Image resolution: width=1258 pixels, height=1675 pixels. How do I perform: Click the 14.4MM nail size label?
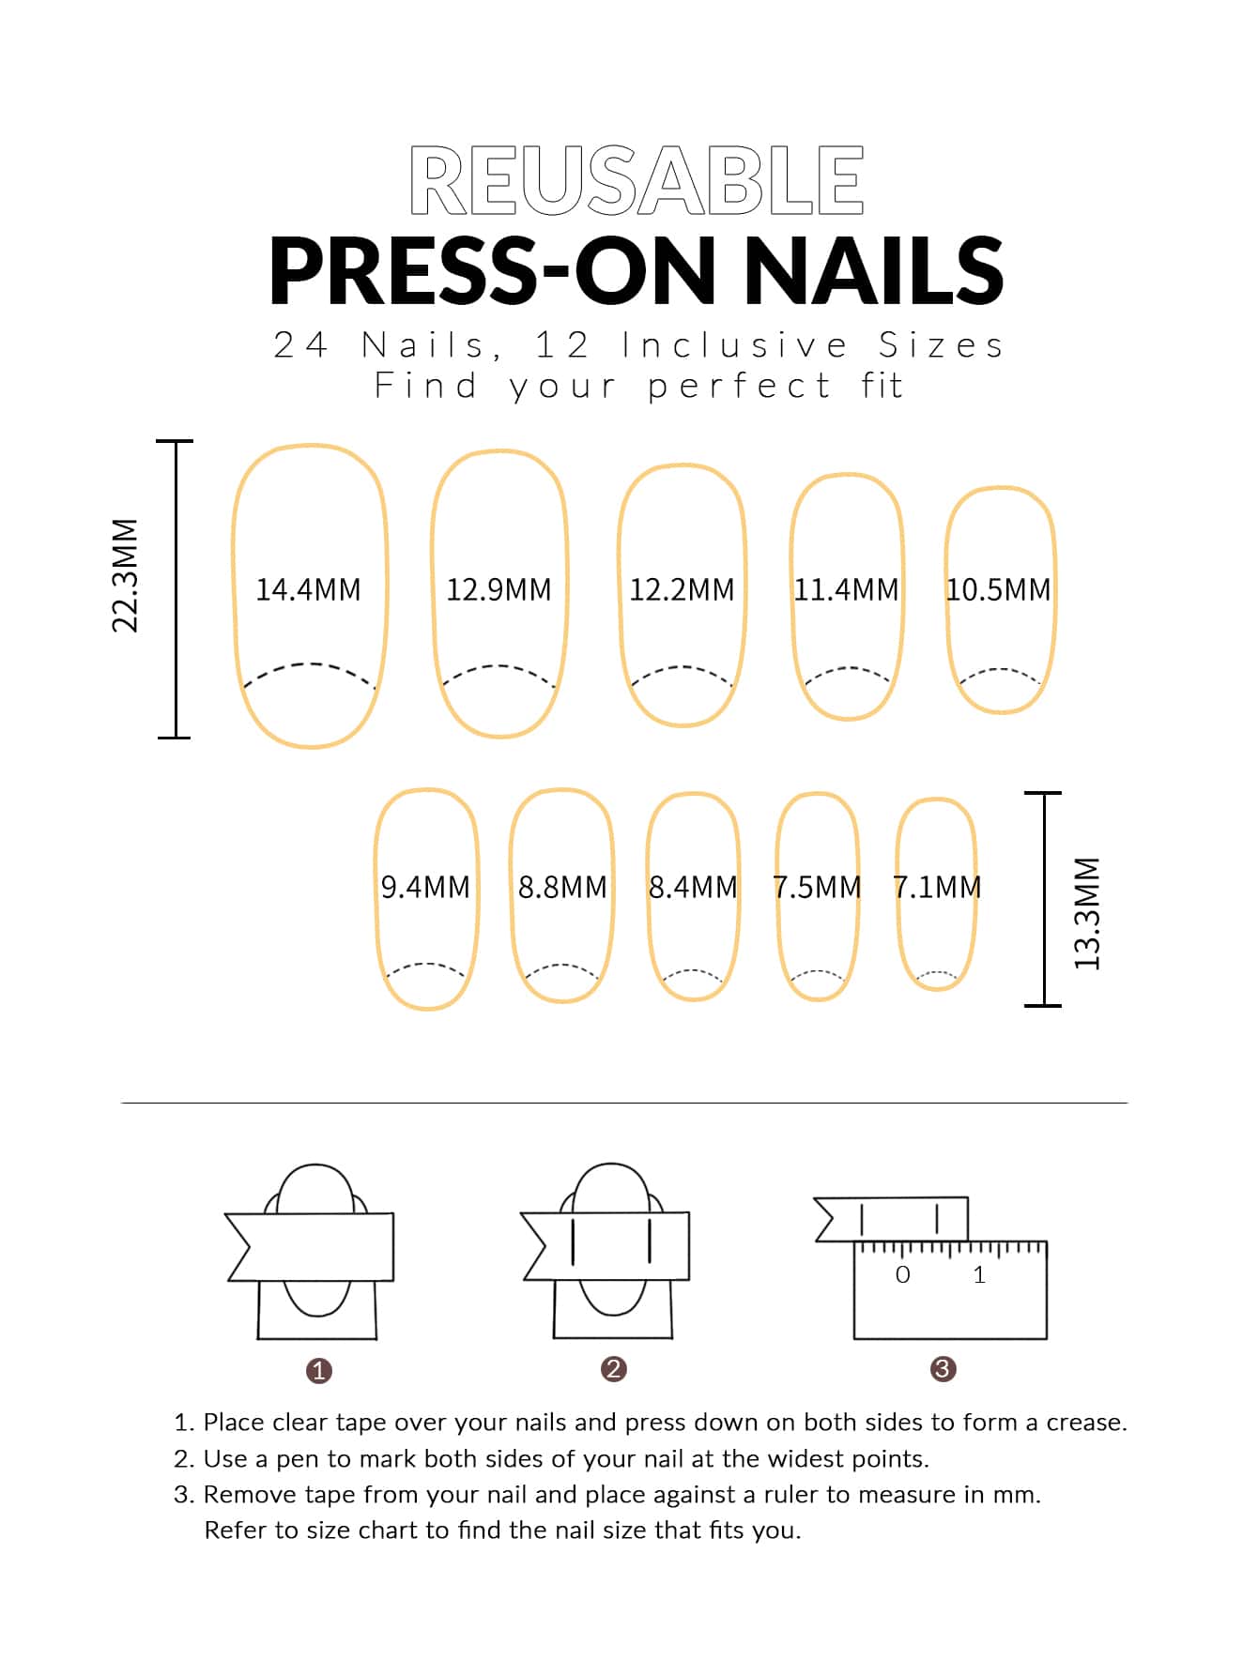tap(308, 589)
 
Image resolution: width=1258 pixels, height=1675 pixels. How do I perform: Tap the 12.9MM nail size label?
tap(499, 589)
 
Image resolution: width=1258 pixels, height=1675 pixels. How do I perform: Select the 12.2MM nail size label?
tap(682, 589)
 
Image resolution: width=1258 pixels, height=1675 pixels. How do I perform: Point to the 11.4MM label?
tap(846, 589)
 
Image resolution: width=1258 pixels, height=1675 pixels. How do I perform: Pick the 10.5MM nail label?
tap(999, 589)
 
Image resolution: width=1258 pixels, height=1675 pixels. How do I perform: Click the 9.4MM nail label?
tap(425, 887)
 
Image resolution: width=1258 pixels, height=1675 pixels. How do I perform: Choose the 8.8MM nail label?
tap(562, 887)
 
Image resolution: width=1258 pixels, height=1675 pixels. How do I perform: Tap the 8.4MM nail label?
tap(693, 887)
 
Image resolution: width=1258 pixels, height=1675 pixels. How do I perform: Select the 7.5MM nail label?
tap(817, 887)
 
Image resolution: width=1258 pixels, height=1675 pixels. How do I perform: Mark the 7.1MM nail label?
tap(937, 887)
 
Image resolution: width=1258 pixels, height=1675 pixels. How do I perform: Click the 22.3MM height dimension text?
tap(126, 575)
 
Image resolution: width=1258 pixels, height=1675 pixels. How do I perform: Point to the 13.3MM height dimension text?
tap(1086, 913)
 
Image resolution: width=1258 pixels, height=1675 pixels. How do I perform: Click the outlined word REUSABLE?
tap(637, 180)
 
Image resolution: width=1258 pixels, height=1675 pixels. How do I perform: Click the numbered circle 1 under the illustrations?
tap(319, 1371)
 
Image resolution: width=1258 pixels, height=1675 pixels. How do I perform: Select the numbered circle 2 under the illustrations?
tap(613, 1369)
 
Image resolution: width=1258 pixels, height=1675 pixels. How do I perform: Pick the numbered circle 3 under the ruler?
tap(943, 1369)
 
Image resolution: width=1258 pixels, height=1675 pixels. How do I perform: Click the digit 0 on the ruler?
tap(903, 1274)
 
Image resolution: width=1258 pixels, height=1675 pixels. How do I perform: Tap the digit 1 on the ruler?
tap(979, 1274)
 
